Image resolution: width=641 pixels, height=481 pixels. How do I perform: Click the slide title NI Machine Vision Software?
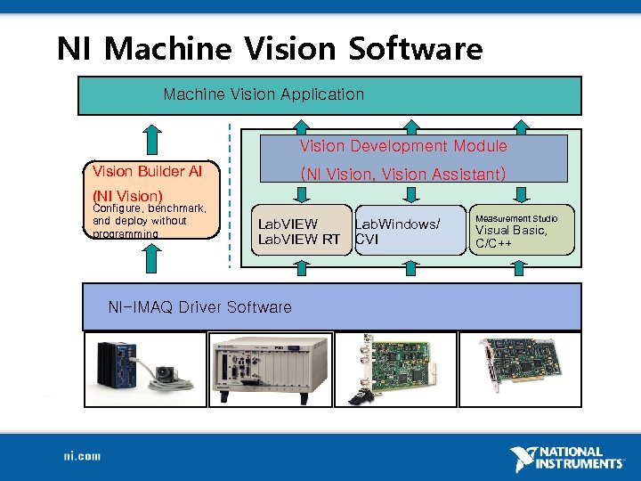click(x=269, y=48)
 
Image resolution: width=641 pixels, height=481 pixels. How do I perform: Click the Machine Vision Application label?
click(x=264, y=94)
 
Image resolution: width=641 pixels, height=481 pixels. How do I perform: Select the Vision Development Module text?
click(x=402, y=146)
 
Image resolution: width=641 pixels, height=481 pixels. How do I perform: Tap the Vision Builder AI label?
click(x=147, y=170)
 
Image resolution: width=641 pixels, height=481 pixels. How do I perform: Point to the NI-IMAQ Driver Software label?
click(x=199, y=307)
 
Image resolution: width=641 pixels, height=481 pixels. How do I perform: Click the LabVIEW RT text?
click(x=298, y=239)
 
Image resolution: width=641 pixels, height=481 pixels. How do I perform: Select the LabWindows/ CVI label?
click(x=397, y=232)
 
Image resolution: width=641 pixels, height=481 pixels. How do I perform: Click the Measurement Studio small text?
click(x=516, y=218)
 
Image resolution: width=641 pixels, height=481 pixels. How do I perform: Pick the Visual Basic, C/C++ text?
click(x=511, y=236)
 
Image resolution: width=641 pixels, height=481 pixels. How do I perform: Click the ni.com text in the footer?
click(x=82, y=456)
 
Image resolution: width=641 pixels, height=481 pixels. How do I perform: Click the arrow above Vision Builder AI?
click(x=152, y=138)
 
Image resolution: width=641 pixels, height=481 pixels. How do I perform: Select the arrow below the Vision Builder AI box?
click(x=152, y=258)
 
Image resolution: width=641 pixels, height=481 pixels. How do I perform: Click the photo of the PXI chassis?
click(x=270, y=369)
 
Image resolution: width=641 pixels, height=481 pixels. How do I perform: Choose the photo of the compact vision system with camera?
click(x=144, y=369)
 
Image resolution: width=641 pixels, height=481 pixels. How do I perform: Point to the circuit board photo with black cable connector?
click(x=395, y=369)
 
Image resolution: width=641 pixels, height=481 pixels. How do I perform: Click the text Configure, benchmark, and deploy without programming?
click(x=150, y=221)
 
